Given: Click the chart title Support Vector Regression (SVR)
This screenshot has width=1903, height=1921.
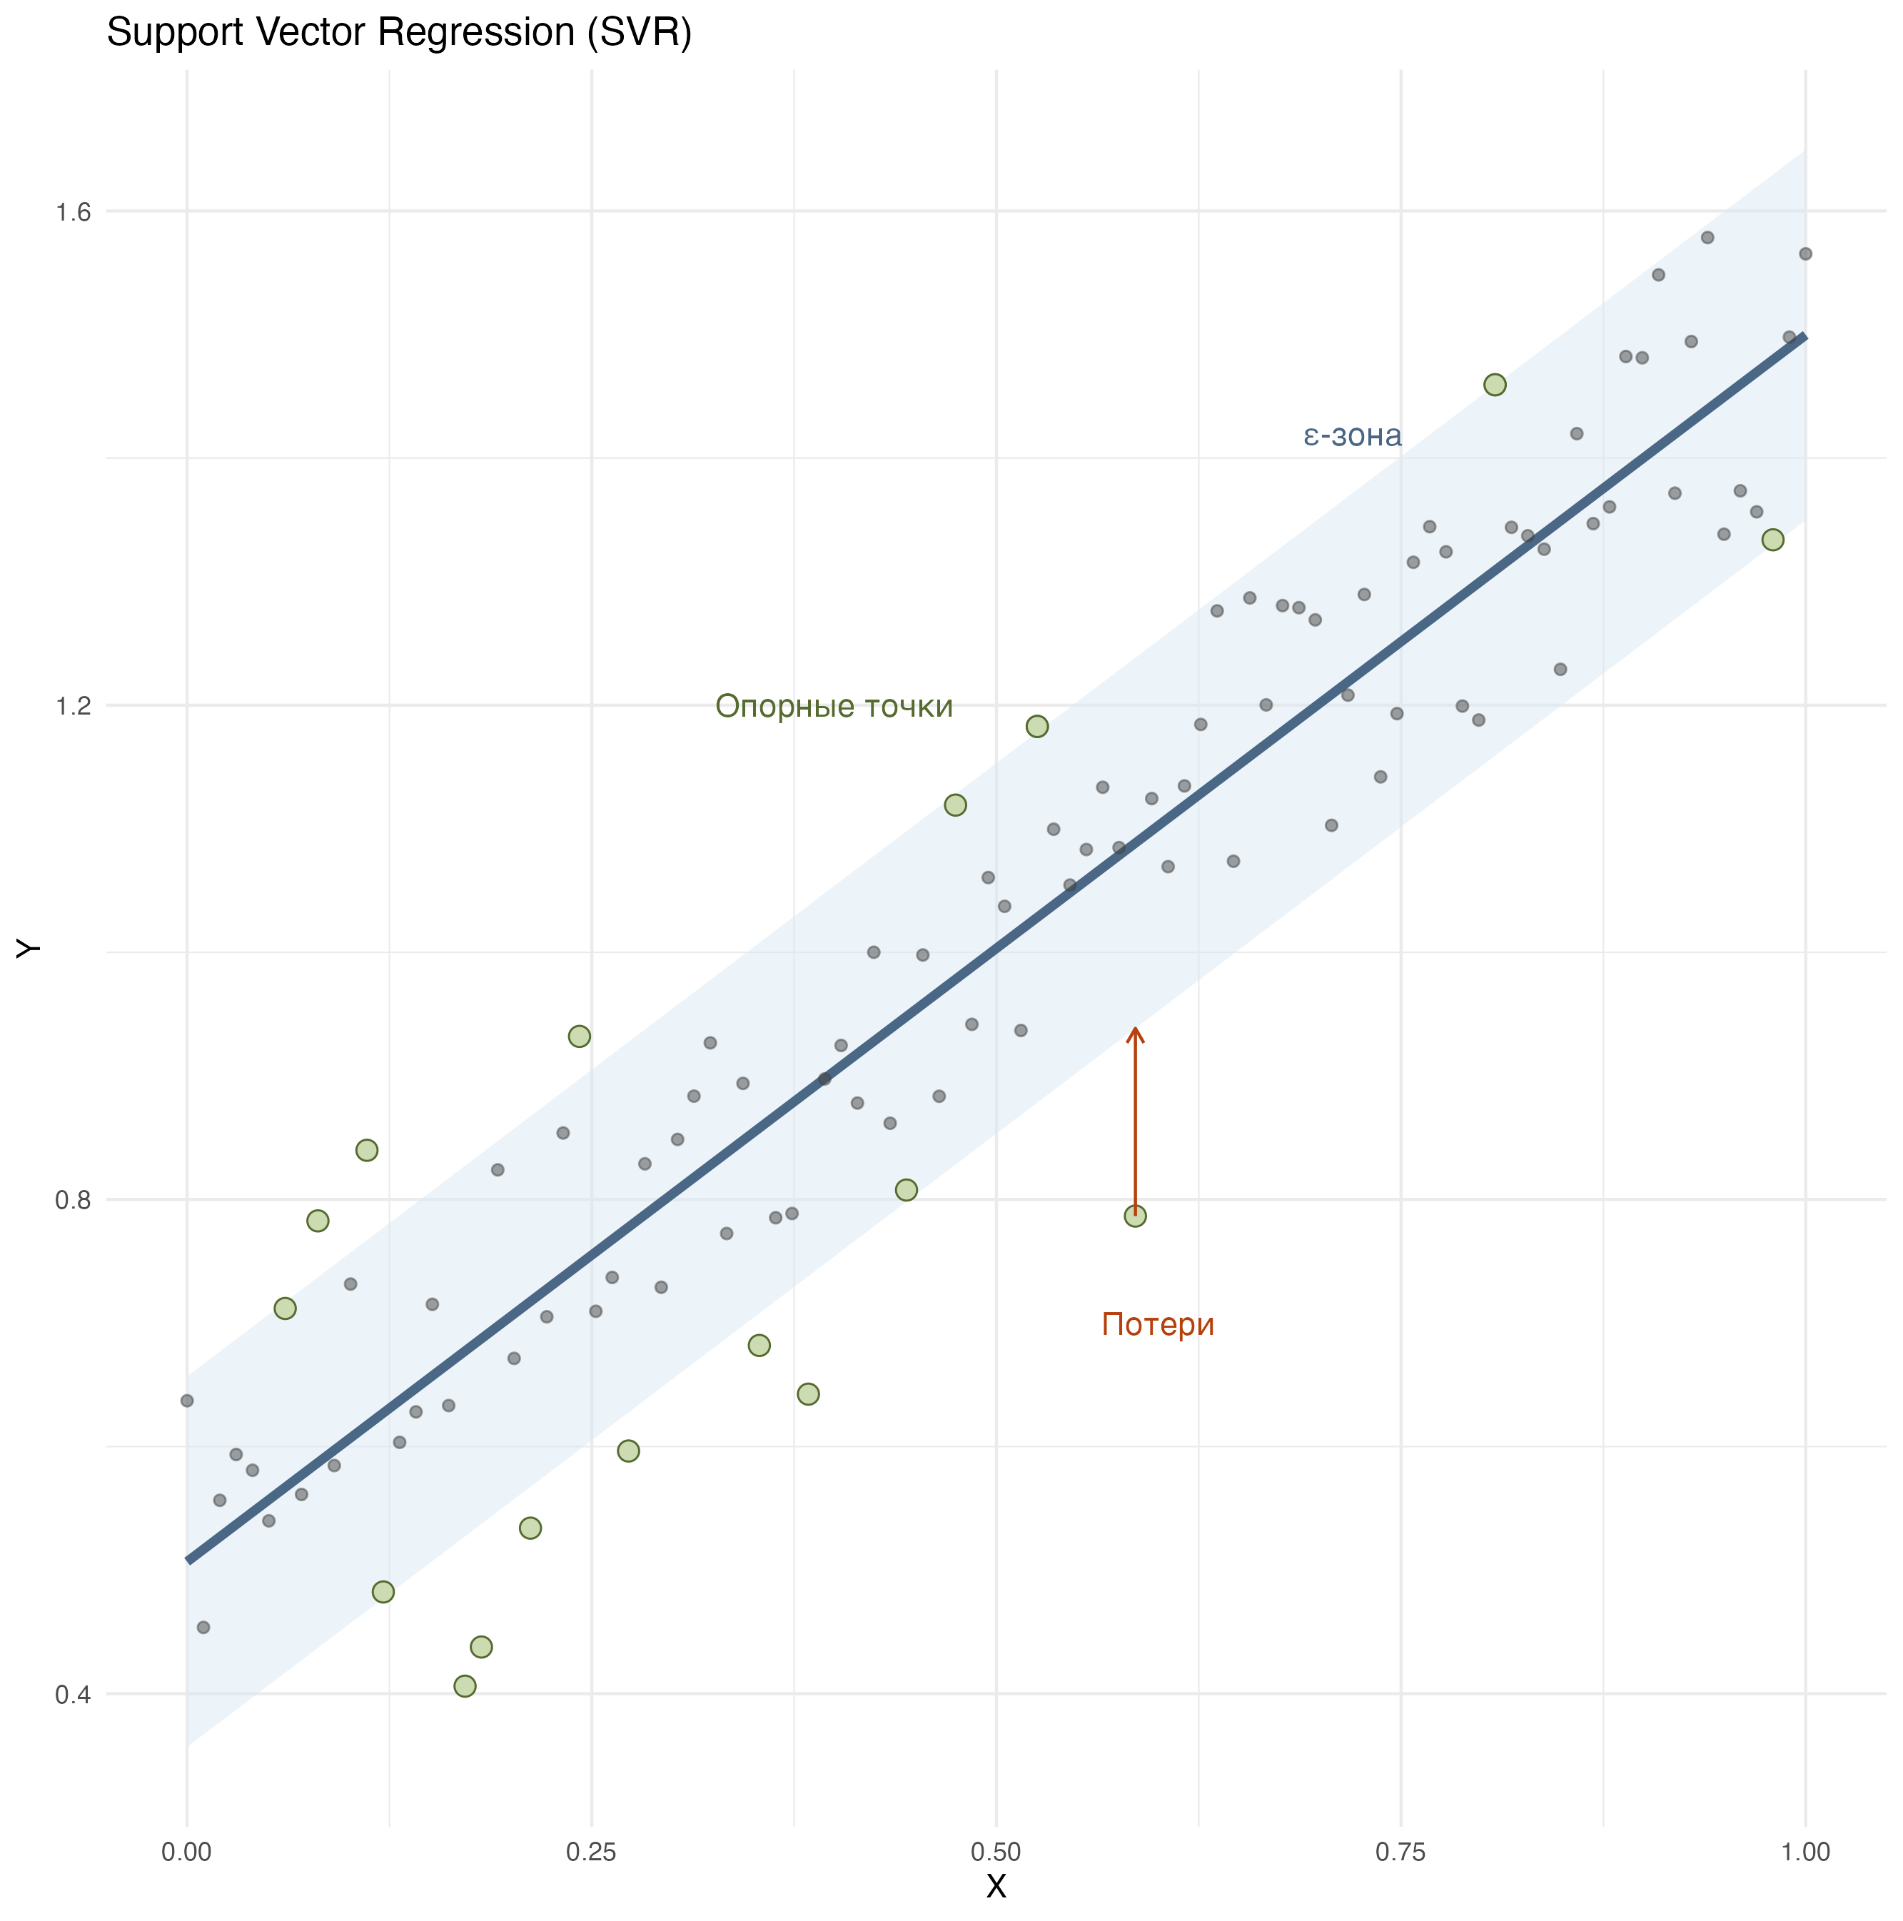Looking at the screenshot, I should [399, 33].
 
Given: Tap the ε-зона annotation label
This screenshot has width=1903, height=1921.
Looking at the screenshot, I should [1352, 435].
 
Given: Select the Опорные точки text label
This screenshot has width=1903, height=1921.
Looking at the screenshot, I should [834, 706].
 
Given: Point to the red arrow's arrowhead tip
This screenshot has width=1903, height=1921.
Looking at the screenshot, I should [1134, 1028].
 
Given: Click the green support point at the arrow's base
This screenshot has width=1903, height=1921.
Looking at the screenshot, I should [1134, 1216].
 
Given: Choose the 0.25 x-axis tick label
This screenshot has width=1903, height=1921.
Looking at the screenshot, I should [592, 1852].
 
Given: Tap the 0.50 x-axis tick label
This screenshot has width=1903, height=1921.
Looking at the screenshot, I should [996, 1852].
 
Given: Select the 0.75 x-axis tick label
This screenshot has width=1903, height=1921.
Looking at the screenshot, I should [1401, 1852].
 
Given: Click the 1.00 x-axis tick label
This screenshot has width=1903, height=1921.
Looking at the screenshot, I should [1805, 1852].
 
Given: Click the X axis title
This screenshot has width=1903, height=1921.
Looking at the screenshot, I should [996, 1886].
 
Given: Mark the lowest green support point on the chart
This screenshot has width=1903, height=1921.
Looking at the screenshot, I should [464, 1686].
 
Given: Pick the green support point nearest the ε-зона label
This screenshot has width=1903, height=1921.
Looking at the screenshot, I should [1495, 385].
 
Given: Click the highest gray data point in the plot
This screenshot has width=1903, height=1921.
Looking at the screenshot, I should [1707, 238].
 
